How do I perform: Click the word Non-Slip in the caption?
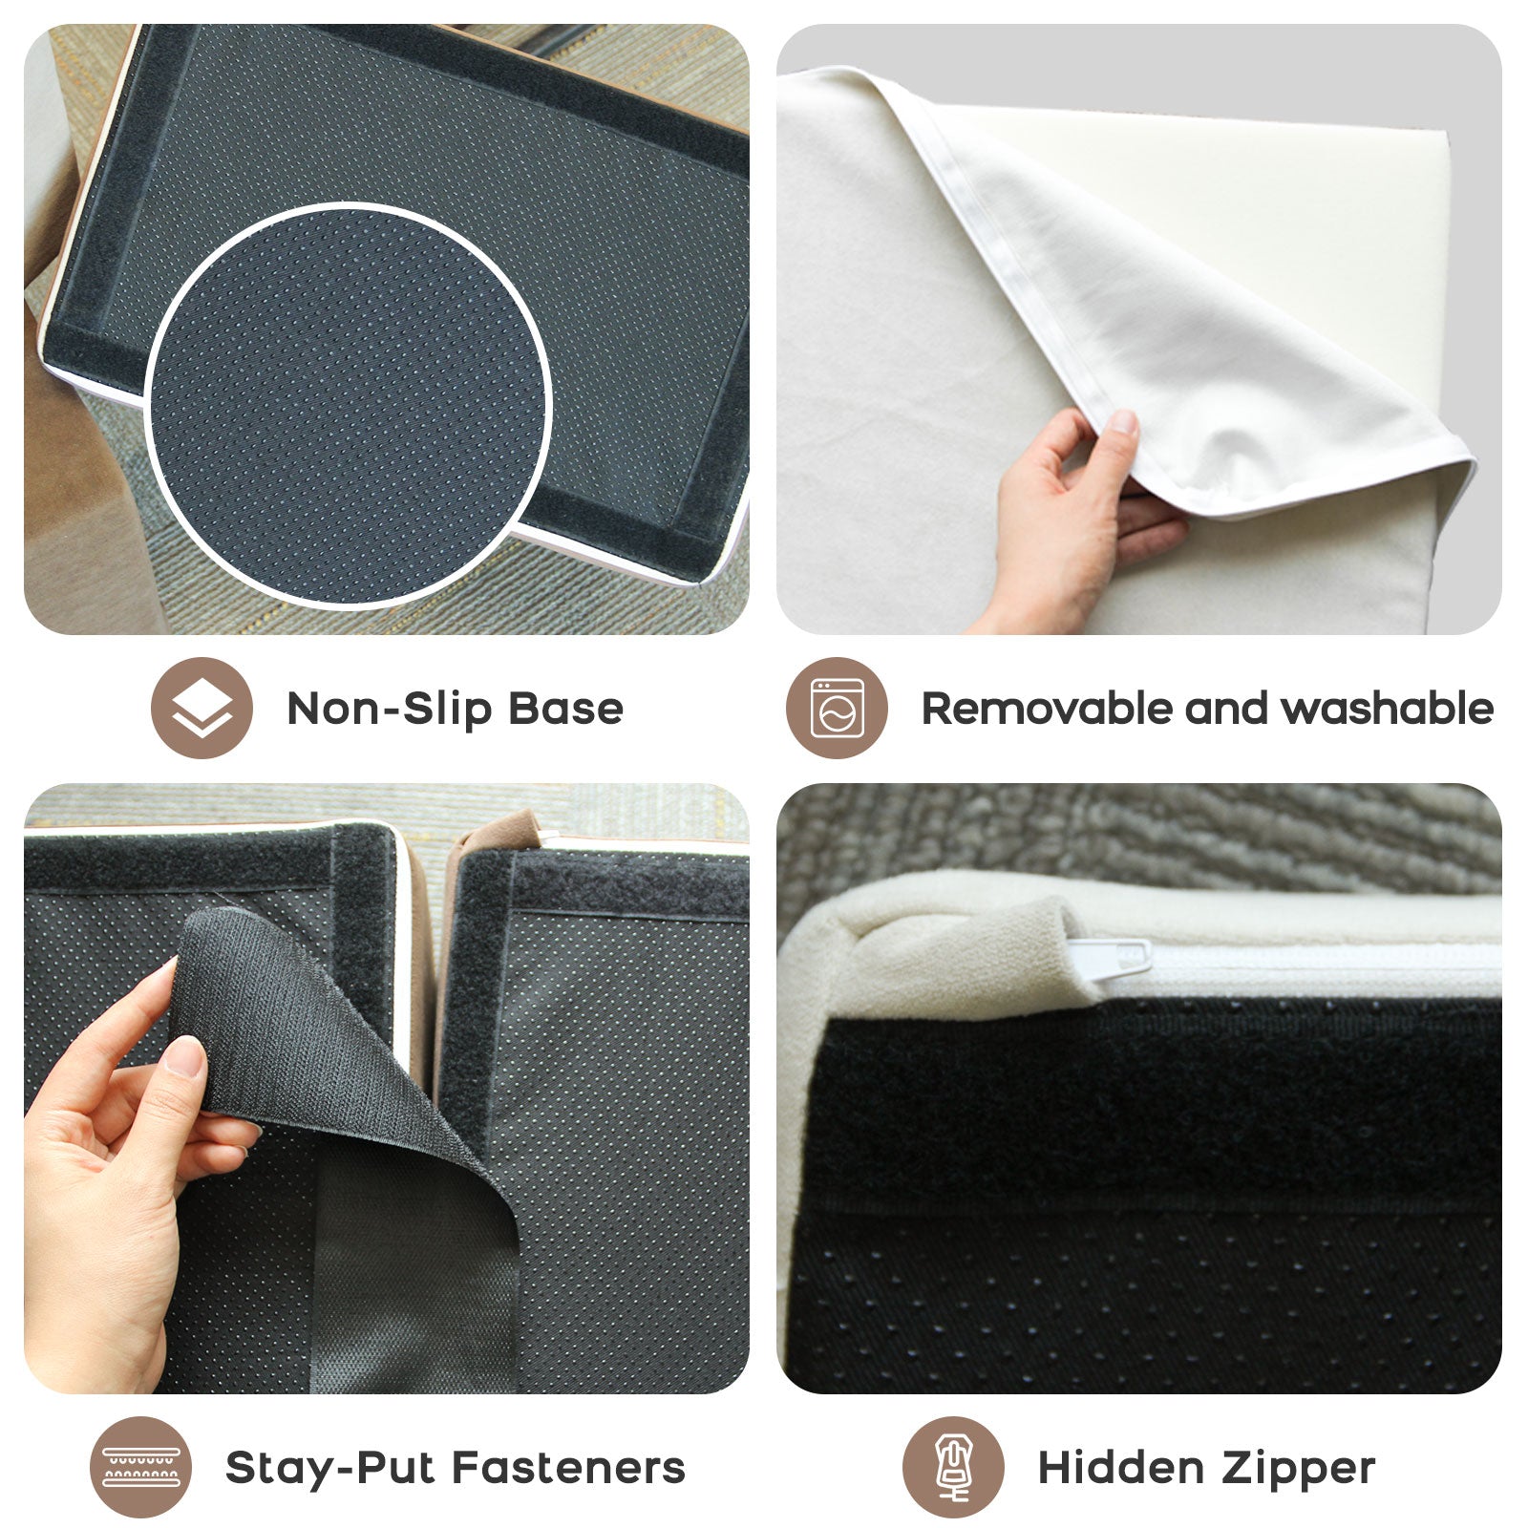(x=390, y=710)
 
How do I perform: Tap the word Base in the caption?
(x=565, y=710)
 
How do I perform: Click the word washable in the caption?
(x=1387, y=709)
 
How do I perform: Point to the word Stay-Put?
(x=329, y=1468)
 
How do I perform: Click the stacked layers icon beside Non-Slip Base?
(x=202, y=709)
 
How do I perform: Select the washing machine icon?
(x=837, y=709)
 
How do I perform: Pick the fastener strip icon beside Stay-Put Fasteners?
(x=140, y=1468)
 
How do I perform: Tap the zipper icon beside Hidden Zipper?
(x=953, y=1468)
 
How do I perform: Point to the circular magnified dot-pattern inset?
(x=349, y=404)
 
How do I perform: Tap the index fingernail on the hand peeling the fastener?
(x=184, y=1056)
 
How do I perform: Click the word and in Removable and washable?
(x=1225, y=709)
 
